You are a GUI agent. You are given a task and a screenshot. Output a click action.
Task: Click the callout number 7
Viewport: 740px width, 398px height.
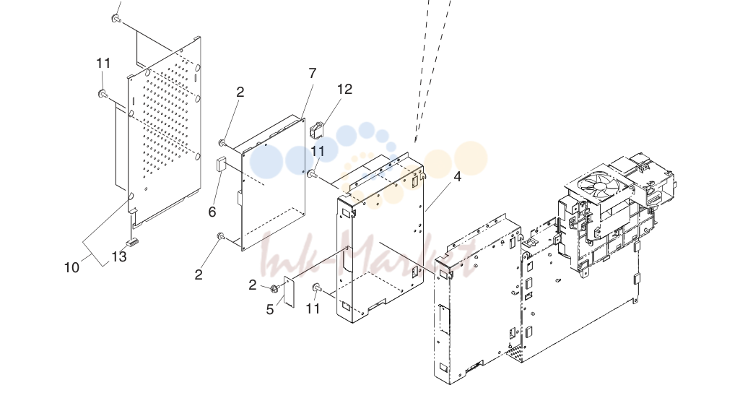click(313, 73)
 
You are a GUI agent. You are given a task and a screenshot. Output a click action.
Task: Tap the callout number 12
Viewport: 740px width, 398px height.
click(344, 89)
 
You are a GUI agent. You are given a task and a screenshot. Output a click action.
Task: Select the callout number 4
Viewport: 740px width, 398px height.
click(457, 176)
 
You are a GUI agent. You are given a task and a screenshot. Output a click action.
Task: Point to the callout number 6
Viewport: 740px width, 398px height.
click(212, 212)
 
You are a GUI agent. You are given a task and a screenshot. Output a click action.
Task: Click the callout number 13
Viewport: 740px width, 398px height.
click(119, 256)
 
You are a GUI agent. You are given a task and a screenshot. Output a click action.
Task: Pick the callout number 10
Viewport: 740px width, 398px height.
click(71, 268)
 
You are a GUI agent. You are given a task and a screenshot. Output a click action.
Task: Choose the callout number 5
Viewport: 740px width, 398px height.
click(270, 310)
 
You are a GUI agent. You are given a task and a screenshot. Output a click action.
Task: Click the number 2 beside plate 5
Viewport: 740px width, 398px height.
click(253, 285)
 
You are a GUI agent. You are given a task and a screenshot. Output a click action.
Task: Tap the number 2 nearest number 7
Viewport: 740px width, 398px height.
click(240, 92)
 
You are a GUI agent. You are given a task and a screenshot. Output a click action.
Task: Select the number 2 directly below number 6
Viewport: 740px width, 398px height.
click(199, 274)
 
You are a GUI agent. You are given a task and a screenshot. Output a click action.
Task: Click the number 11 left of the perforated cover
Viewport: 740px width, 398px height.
click(103, 63)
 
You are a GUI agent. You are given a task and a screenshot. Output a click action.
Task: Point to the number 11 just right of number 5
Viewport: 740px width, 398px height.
click(313, 308)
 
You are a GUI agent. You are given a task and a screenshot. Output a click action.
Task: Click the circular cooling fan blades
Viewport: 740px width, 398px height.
click(599, 186)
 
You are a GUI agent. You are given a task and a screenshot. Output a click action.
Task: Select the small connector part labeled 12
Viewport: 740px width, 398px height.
click(315, 130)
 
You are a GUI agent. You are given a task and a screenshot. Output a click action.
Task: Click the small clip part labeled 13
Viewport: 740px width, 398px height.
click(131, 242)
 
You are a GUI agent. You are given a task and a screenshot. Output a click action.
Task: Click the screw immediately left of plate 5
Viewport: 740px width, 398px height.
click(275, 287)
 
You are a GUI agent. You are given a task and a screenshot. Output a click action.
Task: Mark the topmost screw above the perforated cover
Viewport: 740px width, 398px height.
click(116, 19)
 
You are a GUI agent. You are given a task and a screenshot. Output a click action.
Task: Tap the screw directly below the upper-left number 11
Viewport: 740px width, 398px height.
click(103, 94)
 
